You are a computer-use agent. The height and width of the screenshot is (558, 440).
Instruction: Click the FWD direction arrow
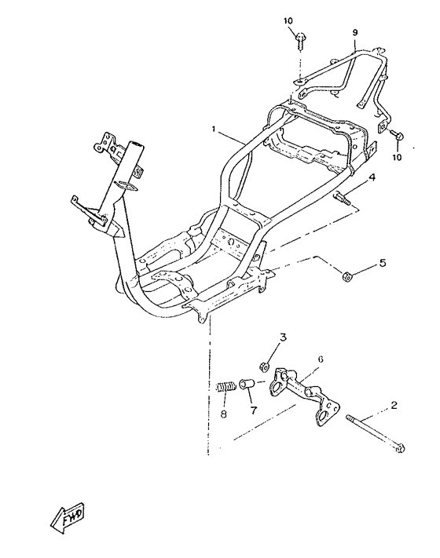[x=67, y=517]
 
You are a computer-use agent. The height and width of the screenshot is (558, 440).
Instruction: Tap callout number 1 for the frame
[x=214, y=129]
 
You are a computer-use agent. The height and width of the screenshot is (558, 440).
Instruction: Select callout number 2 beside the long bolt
[x=394, y=405]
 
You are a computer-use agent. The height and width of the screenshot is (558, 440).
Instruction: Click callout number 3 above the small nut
[x=283, y=337]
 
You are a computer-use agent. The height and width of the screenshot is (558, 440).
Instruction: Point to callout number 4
[x=372, y=177]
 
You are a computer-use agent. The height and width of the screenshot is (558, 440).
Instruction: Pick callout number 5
[x=383, y=263]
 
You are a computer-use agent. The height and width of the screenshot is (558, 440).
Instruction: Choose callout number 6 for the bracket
[x=321, y=359]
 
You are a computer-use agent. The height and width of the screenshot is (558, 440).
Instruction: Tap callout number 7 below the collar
[x=253, y=410]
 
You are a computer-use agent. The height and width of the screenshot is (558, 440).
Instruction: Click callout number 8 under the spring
[x=224, y=414]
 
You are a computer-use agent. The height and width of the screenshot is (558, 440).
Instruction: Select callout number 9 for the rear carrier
[x=355, y=33]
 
